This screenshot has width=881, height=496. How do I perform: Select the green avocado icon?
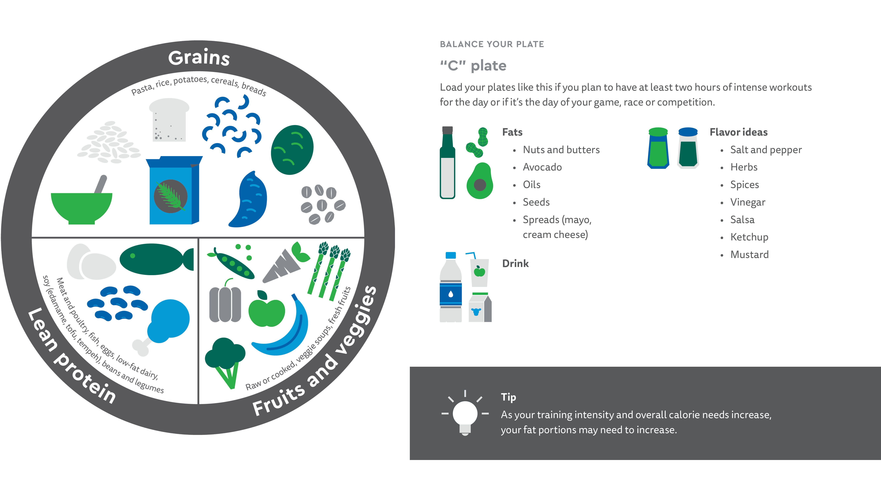(480, 181)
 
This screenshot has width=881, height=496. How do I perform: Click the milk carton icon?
(480, 307)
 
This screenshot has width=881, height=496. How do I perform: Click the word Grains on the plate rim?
(199, 58)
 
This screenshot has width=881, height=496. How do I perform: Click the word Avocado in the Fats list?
(542, 167)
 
